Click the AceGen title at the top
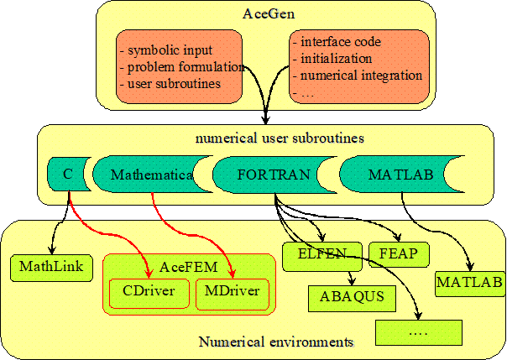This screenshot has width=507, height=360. point(269,14)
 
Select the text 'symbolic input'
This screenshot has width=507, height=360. point(170,50)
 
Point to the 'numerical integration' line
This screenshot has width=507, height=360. point(361,76)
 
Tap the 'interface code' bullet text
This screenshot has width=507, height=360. point(341,42)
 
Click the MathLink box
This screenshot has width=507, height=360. point(51,268)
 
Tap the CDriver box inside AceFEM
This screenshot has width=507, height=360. point(149,294)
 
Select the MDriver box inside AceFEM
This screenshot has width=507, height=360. point(233,294)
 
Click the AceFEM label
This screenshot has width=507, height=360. point(188,267)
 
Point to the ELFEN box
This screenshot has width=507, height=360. point(322,257)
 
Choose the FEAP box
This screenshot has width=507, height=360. point(399,254)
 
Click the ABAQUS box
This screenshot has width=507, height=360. point(352,298)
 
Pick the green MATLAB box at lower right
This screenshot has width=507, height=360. point(470,284)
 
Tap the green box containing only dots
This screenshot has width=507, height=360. point(419,332)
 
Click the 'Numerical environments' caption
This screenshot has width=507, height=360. point(276,342)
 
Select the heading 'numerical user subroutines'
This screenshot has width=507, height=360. point(280,138)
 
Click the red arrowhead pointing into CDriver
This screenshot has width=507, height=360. point(149,273)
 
